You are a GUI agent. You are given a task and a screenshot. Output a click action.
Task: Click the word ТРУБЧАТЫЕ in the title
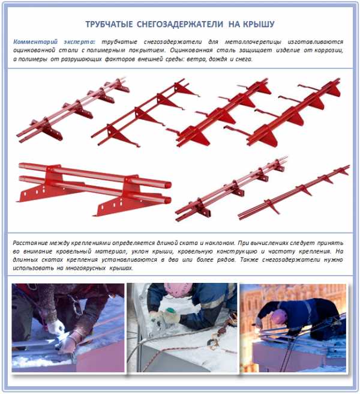tap(109, 25)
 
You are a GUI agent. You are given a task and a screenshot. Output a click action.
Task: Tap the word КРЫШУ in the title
tap(259, 25)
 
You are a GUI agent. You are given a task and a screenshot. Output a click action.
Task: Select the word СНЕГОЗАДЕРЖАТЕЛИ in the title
tap(180, 25)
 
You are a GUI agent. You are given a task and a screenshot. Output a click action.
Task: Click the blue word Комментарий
tap(35, 41)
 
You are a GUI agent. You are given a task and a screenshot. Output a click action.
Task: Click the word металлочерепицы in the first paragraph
tap(253, 41)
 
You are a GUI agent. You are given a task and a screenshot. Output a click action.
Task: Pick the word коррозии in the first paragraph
tap(329, 50)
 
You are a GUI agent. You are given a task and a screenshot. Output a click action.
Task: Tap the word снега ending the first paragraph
tap(244, 59)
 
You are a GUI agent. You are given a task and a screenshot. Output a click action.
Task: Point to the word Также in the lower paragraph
tap(249, 259)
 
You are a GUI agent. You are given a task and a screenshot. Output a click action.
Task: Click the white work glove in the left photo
tap(56, 327)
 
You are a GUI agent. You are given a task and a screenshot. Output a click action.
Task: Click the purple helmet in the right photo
tap(279, 317)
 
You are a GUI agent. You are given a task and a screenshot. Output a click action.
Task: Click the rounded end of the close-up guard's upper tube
tap(167, 184)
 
